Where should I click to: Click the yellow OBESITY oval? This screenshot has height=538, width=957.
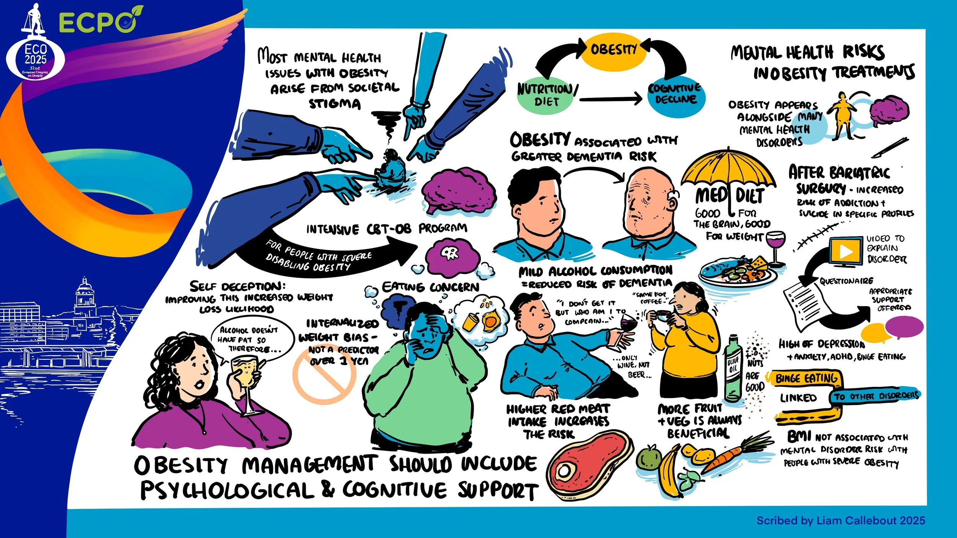pyautogui.click(x=613, y=50)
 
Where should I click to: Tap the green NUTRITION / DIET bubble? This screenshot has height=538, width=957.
pyautogui.click(x=545, y=95)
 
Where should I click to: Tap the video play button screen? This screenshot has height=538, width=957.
pyautogui.click(x=846, y=251)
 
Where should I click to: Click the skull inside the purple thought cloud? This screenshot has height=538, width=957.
pyautogui.click(x=449, y=253)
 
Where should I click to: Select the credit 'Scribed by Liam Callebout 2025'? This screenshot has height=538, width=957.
pyautogui.click(x=841, y=520)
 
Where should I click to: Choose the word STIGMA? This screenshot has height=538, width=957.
pyautogui.click(x=334, y=104)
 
